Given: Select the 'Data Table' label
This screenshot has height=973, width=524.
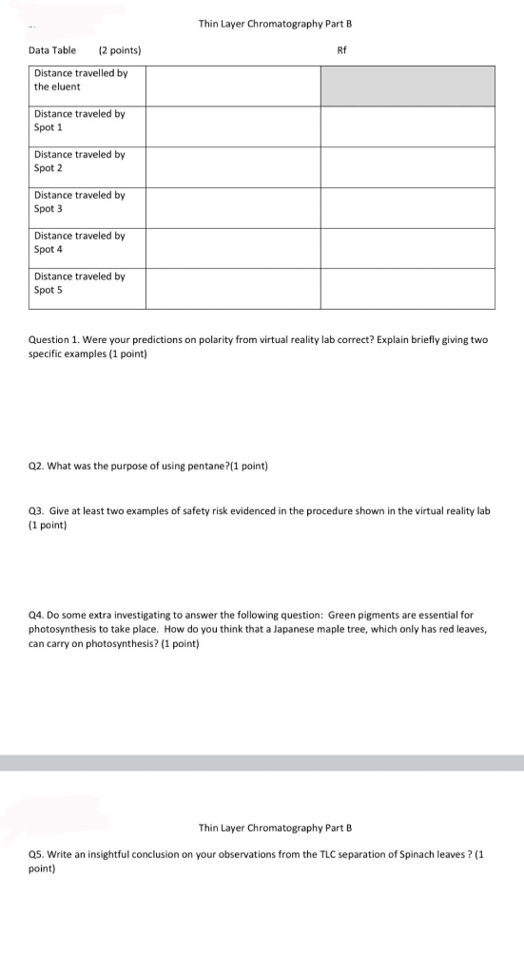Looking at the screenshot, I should (52, 49).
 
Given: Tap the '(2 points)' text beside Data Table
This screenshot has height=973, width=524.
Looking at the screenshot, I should (121, 49).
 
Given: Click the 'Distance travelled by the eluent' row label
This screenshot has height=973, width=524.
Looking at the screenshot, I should (81, 80).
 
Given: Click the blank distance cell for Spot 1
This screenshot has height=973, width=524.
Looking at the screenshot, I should (233, 125).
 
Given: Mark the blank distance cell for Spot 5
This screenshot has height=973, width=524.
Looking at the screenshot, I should (233, 289).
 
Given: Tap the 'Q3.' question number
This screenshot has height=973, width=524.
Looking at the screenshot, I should (35, 510).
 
